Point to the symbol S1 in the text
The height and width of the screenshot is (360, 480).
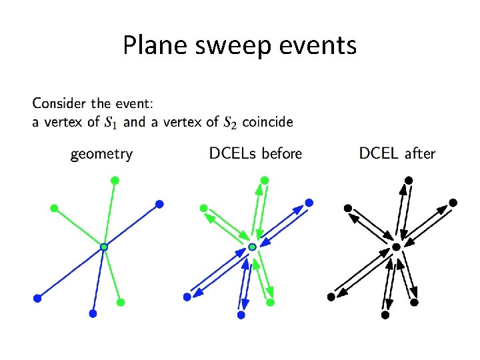click(x=112, y=122)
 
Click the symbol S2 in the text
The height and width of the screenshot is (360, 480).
click(x=229, y=122)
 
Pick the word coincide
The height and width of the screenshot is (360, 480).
click(x=267, y=122)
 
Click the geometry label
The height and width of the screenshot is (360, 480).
click(x=101, y=154)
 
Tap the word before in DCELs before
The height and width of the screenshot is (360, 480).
click(x=282, y=153)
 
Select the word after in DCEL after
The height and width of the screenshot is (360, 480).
click(x=420, y=153)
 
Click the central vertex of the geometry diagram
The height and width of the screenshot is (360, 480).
click(x=103, y=247)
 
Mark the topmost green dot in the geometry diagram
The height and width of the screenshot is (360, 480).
click(x=115, y=180)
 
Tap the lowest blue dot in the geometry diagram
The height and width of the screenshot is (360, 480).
click(x=93, y=313)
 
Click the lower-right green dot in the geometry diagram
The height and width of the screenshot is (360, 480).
click(x=121, y=302)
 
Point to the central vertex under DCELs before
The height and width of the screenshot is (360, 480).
click(x=252, y=247)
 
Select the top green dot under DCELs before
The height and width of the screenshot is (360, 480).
click(x=265, y=180)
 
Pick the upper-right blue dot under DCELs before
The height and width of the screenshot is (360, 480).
click(x=309, y=203)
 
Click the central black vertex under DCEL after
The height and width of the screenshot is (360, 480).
click(x=396, y=247)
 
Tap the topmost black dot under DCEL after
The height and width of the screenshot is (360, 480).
click(x=409, y=180)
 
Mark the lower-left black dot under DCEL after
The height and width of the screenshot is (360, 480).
click(x=331, y=297)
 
